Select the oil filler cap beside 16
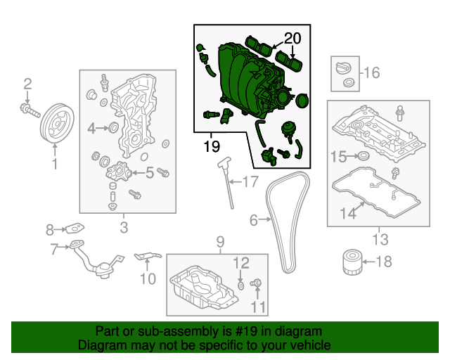pyautogui.click(x=345, y=70)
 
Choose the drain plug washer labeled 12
pyautogui.click(x=241, y=285)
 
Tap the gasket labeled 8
pyautogui.click(x=75, y=229)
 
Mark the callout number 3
pyautogui.click(x=124, y=226)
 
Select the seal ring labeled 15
pyautogui.click(x=364, y=155)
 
